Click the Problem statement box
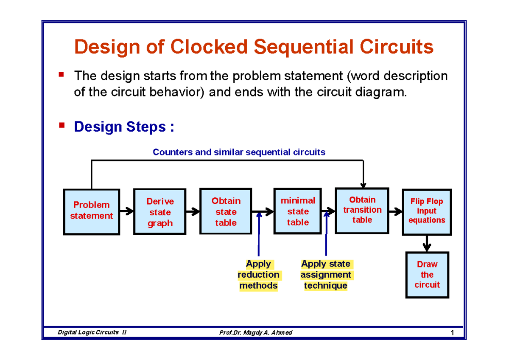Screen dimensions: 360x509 (91, 211)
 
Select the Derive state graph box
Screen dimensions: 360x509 (159, 212)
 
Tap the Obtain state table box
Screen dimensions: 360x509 (226, 211)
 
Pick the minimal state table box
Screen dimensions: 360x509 (298, 211)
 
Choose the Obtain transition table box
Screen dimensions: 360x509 (362, 210)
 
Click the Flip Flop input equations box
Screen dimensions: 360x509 (427, 211)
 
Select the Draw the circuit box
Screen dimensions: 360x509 (427, 275)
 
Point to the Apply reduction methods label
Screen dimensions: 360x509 (258, 275)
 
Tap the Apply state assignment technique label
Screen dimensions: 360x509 (326, 275)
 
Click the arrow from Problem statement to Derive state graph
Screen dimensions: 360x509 (126, 211)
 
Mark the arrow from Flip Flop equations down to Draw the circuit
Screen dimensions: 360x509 (427, 243)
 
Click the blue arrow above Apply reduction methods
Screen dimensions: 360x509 (259, 233)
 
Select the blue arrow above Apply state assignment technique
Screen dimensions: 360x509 (326, 233)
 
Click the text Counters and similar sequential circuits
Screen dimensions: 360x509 (239, 152)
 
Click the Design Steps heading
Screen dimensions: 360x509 (124, 127)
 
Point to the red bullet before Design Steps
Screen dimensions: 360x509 (62, 125)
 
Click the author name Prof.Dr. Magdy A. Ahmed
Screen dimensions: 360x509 (256, 333)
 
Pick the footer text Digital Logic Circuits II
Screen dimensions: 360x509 (92, 332)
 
